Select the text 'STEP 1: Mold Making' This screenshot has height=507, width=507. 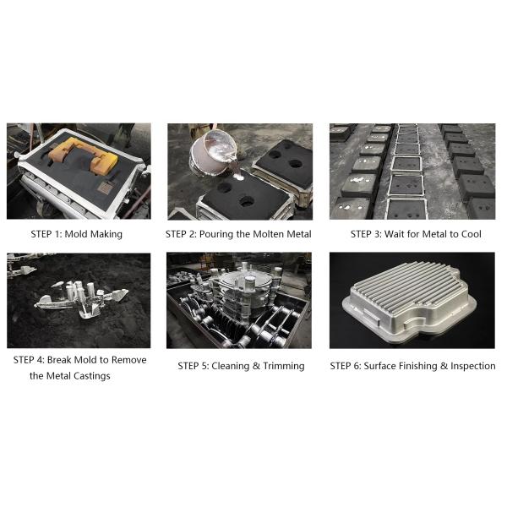pyautogui.click(x=76, y=234)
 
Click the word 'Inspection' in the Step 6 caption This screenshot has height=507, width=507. pyautogui.click(x=469, y=366)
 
